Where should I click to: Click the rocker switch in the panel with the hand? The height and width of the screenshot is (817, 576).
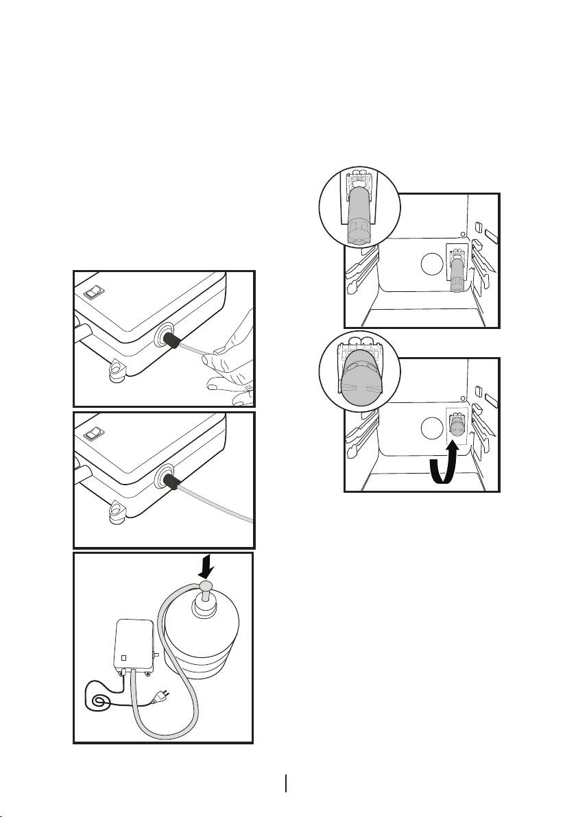tap(93, 293)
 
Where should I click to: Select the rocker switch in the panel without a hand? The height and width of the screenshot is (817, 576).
tap(93, 434)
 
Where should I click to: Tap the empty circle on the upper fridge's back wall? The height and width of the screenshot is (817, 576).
tap(430, 264)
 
